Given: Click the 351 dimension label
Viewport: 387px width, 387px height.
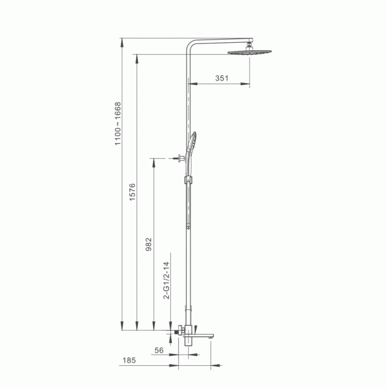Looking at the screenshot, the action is [x=222, y=78].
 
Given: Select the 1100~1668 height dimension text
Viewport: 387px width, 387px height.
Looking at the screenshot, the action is [x=118, y=124].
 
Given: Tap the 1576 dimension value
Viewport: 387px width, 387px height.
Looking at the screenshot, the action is [x=133, y=192].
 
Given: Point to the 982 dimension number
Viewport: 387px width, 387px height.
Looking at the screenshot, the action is [x=149, y=244].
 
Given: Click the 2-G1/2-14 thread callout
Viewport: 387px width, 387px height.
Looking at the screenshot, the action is [x=166, y=281].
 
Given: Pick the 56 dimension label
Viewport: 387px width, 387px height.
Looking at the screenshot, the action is [x=159, y=350].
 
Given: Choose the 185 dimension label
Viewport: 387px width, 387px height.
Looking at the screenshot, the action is [x=129, y=360].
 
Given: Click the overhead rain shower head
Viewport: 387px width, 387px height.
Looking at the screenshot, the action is [x=250, y=52].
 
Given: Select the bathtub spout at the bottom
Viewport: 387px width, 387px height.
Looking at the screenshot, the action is [x=198, y=335].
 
